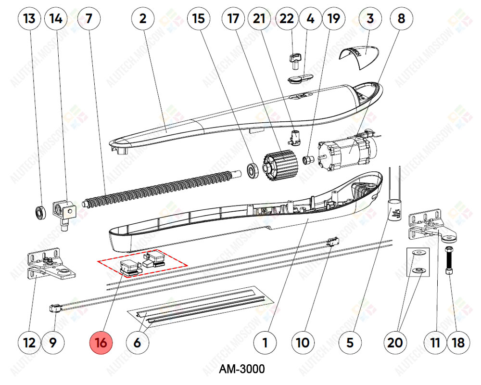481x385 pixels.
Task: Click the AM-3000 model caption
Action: [x=241, y=369]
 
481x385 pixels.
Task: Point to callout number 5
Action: [x=350, y=343]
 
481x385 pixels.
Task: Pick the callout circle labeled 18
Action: [x=458, y=343]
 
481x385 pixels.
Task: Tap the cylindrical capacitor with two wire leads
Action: [x=394, y=209]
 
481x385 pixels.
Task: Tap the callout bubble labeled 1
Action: [x=265, y=343]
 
